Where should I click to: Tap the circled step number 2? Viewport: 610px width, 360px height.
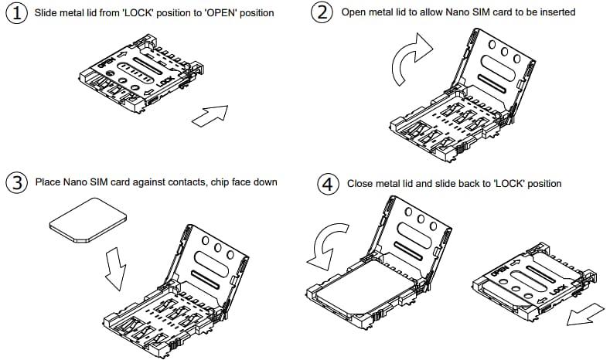pos(322,14)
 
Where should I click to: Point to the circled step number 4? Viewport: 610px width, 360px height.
pos(329,185)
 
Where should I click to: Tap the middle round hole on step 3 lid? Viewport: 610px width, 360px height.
pos(219,249)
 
